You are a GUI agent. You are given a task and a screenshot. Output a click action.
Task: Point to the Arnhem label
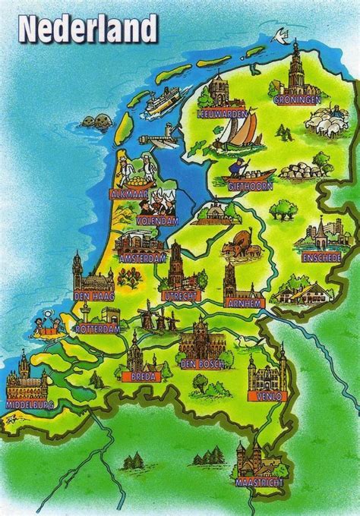244,303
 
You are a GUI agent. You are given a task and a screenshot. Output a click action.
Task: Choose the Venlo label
262,395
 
